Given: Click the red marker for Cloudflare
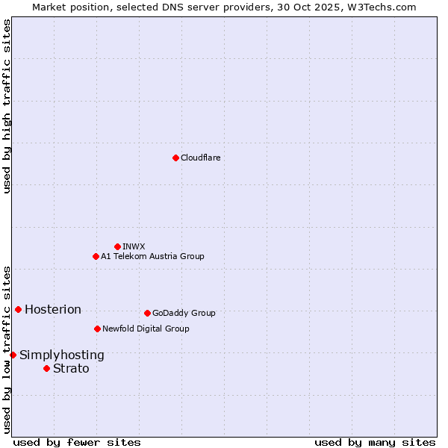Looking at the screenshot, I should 175,158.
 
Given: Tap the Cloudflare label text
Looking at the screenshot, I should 201,158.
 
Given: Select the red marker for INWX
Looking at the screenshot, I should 117,246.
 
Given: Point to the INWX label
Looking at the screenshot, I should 134,246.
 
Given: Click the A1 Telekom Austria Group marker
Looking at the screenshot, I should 96,256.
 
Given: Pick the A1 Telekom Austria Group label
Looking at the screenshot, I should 152,257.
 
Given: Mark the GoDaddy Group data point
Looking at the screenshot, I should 147,313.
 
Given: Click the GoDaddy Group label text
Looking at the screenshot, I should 184,314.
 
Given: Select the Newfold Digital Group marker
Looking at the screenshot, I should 97,329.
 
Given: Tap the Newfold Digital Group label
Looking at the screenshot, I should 146,329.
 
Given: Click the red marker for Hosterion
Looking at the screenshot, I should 18,309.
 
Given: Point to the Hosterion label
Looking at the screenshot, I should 53,310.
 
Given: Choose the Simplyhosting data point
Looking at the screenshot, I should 13,355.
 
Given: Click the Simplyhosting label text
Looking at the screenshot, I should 62,355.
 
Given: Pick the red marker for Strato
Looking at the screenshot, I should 46,368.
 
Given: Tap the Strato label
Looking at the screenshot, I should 71,369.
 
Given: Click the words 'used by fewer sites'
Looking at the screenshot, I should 77,442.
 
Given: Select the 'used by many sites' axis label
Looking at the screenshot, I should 375,442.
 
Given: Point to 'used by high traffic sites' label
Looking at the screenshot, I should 7,106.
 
